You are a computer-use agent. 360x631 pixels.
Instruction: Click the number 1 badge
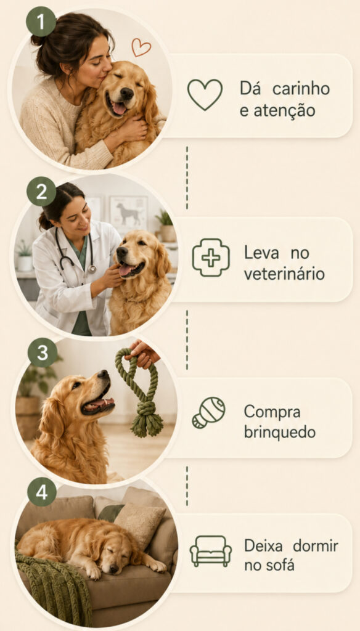[x=41, y=22]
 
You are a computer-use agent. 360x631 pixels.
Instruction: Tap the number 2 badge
[x=41, y=192]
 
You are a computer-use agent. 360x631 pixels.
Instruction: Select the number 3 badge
[x=43, y=352]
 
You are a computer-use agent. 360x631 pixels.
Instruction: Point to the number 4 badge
[x=42, y=491]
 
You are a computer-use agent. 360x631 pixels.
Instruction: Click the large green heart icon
[x=205, y=94]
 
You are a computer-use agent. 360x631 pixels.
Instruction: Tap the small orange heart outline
[x=141, y=47]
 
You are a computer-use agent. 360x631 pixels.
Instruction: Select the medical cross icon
[x=211, y=258]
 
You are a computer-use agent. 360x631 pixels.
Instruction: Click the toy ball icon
[x=208, y=412]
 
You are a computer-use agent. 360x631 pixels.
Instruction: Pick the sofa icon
[x=211, y=552]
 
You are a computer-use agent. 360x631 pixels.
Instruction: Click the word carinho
[x=301, y=89]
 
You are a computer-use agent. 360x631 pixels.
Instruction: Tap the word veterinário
[x=284, y=274]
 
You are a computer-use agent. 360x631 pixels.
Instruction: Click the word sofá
[x=280, y=566]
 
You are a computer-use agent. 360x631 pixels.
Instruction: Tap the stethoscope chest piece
[x=92, y=269]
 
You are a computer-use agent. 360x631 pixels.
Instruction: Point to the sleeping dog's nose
[x=114, y=569]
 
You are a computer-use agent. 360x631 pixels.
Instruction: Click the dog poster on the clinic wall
[x=128, y=214]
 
